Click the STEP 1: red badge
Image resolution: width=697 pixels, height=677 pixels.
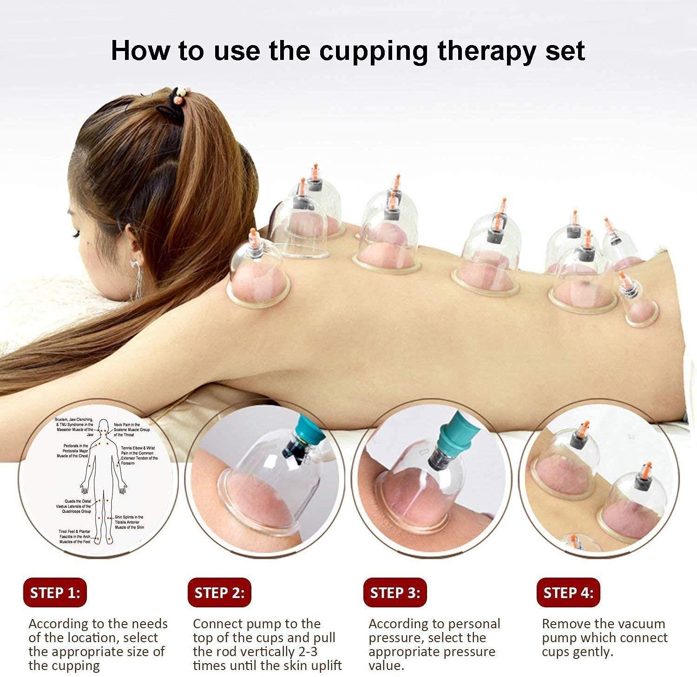click(x=55, y=593)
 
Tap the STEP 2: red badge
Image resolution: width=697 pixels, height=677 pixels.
click(x=219, y=593)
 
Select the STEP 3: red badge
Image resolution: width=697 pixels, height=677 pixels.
click(x=395, y=593)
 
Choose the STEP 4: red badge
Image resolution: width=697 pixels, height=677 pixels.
click(x=568, y=593)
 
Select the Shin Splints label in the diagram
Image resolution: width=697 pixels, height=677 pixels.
click(x=129, y=522)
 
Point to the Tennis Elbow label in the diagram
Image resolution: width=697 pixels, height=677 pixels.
click(x=139, y=456)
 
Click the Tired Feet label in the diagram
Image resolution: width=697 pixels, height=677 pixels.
click(x=74, y=536)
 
